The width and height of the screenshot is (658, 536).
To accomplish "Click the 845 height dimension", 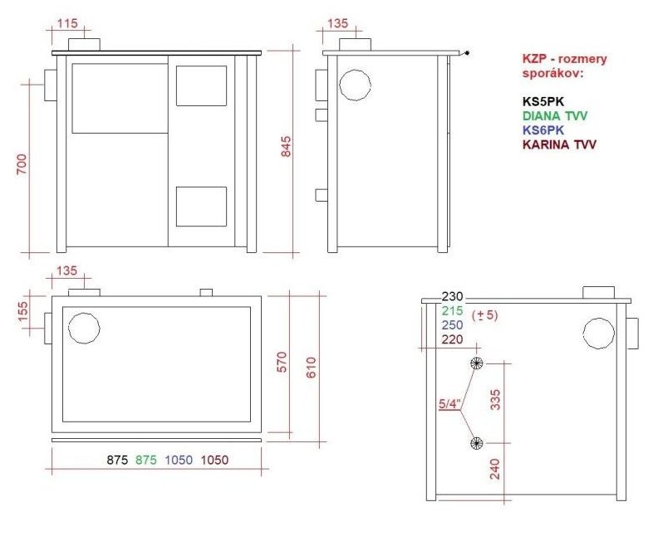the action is coord(286,146).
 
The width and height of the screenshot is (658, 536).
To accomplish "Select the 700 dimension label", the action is coord(22,164).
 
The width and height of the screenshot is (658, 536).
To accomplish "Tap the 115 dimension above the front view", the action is coord(67,23).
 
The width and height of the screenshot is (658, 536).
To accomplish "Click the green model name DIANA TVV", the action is coord(555,115).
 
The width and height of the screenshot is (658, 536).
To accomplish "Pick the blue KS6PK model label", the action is coord(543,130).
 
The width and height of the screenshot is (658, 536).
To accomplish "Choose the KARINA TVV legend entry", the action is coord(559,144).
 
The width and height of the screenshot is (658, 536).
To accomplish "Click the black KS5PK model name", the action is coord(543,101).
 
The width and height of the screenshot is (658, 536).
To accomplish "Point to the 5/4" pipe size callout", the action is coord(449,404).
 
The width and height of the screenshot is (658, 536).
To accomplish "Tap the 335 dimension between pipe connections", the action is coord(495,399).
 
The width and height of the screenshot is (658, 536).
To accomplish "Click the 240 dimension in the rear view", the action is coord(495,469).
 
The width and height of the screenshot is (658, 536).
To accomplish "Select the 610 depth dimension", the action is coord(311,368).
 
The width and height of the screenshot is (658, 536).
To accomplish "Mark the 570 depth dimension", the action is coord(282,362).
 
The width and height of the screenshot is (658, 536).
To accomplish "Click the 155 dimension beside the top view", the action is coord(22,310).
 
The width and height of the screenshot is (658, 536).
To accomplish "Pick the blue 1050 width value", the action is coord(179,460).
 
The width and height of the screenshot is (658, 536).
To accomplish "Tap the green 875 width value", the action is coord(145,460).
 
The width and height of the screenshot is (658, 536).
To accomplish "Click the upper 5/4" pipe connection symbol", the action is coord(476,363).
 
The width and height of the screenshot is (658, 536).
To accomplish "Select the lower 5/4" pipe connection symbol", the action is coord(476,443).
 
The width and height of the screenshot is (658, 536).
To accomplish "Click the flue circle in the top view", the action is coord(84,328).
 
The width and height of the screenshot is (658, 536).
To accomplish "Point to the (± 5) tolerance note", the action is coord(484,314).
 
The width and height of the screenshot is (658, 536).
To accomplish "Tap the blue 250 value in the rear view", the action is coord(452,324).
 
